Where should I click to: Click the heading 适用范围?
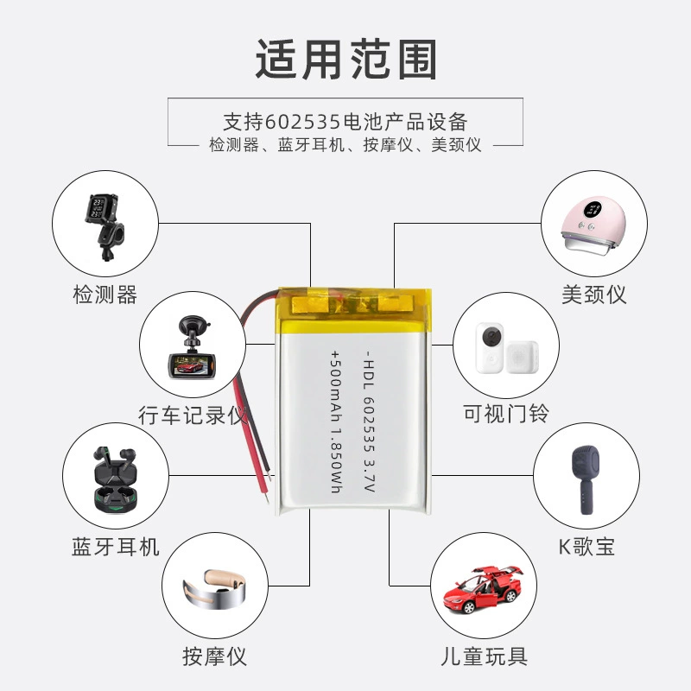point(346,60)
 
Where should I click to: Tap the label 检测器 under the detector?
point(105,295)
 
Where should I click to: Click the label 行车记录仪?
point(193,415)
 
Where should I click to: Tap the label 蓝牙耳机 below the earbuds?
point(116,547)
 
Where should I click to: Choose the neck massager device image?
point(214,588)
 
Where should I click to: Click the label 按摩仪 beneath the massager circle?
point(214,656)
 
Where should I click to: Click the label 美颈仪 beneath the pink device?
point(594,295)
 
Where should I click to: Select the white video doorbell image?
point(506,348)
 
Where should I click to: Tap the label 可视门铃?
point(506,414)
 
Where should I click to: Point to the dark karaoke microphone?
point(586,480)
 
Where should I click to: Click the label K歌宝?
point(586,547)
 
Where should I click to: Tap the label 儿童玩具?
point(484,656)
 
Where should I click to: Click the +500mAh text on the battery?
point(336,388)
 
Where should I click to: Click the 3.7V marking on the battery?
point(370,477)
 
